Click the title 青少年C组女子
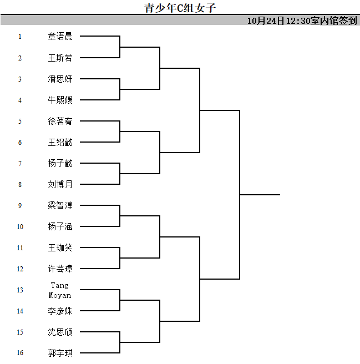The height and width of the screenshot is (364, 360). coord(180,8)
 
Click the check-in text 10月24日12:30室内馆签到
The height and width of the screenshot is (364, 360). coord(302,21)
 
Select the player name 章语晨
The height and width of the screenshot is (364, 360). coord(60,36)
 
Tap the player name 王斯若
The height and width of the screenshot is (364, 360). coord(60,58)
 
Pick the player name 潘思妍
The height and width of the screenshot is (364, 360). coord(60,79)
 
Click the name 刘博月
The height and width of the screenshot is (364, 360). coord(60,184)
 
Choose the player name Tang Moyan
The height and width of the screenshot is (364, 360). coord(60,290)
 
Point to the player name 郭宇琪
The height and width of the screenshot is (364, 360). coord(60,353)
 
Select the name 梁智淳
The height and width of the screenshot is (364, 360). coord(60,205)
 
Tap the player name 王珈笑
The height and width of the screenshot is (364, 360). coord(60,247)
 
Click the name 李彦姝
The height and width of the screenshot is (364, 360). coord(60,311)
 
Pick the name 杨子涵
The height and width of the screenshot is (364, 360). coord(60,226)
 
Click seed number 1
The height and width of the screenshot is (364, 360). coord(20,37)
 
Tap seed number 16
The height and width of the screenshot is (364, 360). coord(20,353)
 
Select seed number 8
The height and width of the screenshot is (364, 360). coord(20,185)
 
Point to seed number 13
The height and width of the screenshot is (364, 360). coord(20,290)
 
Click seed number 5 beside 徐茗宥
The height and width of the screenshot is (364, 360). coord(20,121)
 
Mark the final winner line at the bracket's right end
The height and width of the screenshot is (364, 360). coord(260,195)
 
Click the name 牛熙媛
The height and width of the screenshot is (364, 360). coord(60,100)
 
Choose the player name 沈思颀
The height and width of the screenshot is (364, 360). coord(60,332)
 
